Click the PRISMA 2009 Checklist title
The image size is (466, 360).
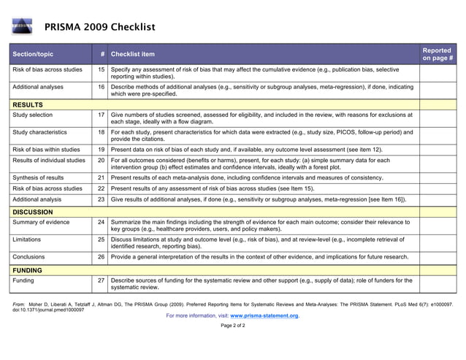point(99,28)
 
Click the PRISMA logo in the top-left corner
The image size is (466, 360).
point(22,28)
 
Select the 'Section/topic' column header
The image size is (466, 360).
point(33,54)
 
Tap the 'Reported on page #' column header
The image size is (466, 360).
point(438,54)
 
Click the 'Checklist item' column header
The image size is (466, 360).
point(133,54)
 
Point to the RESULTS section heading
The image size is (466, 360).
point(28,104)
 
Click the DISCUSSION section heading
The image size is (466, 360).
point(33,212)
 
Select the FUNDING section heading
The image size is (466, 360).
point(27,270)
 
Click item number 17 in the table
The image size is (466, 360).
point(102,115)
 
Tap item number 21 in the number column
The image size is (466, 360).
point(102,177)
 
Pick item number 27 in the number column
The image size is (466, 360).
point(102,280)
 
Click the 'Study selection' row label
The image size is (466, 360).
point(33,115)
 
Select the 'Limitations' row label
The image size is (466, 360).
point(28,240)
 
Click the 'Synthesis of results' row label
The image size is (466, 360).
point(38,177)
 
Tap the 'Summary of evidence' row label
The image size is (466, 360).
point(41,222)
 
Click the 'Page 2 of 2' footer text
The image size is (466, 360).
point(233,326)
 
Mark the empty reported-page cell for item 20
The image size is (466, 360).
point(438,164)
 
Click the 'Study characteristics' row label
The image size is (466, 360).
point(39,132)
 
